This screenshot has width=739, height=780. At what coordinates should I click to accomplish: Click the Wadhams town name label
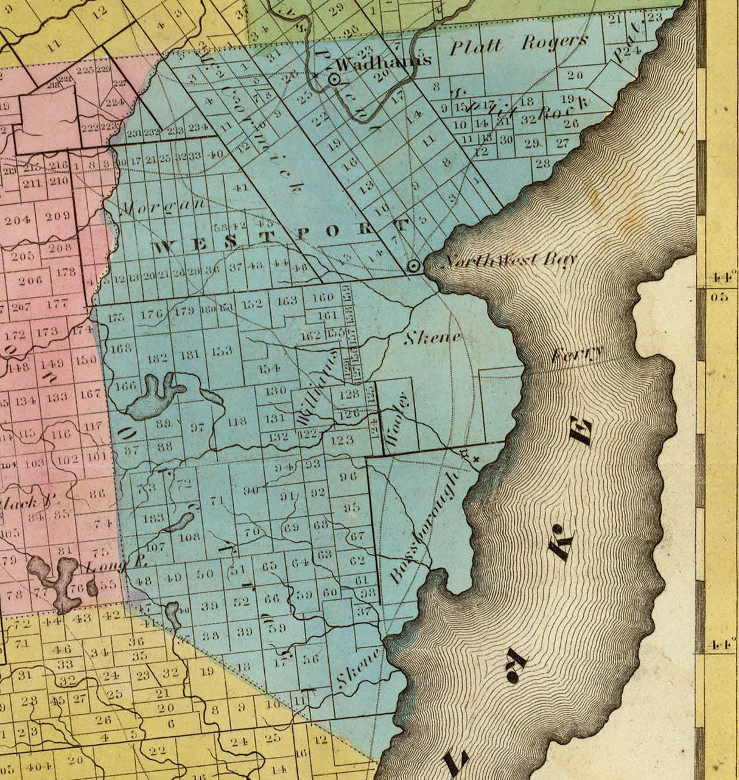[384, 61]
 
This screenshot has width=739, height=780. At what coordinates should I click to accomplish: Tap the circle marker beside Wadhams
[334, 79]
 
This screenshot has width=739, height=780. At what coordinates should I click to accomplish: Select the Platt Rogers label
[519, 44]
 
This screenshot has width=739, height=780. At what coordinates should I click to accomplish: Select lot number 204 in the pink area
[18, 220]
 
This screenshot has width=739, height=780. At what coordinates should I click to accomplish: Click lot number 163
[287, 301]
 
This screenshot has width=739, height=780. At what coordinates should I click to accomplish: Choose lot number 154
[268, 368]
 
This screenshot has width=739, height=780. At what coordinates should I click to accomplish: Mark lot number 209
[57, 215]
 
